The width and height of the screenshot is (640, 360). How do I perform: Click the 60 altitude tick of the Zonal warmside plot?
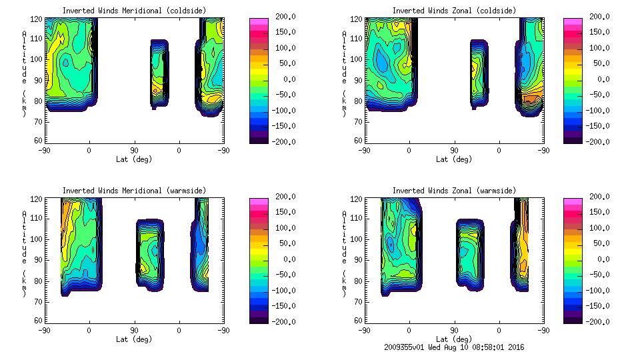point(358,321)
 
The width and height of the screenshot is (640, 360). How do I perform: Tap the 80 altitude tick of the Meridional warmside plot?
point(39,280)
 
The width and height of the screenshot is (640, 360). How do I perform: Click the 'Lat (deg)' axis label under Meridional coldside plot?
point(134,159)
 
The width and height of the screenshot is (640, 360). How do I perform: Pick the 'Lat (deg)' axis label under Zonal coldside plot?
point(454,159)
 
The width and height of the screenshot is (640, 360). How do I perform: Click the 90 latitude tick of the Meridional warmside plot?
point(134,330)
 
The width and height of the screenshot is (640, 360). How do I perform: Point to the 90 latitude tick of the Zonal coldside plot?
point(454,150)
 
